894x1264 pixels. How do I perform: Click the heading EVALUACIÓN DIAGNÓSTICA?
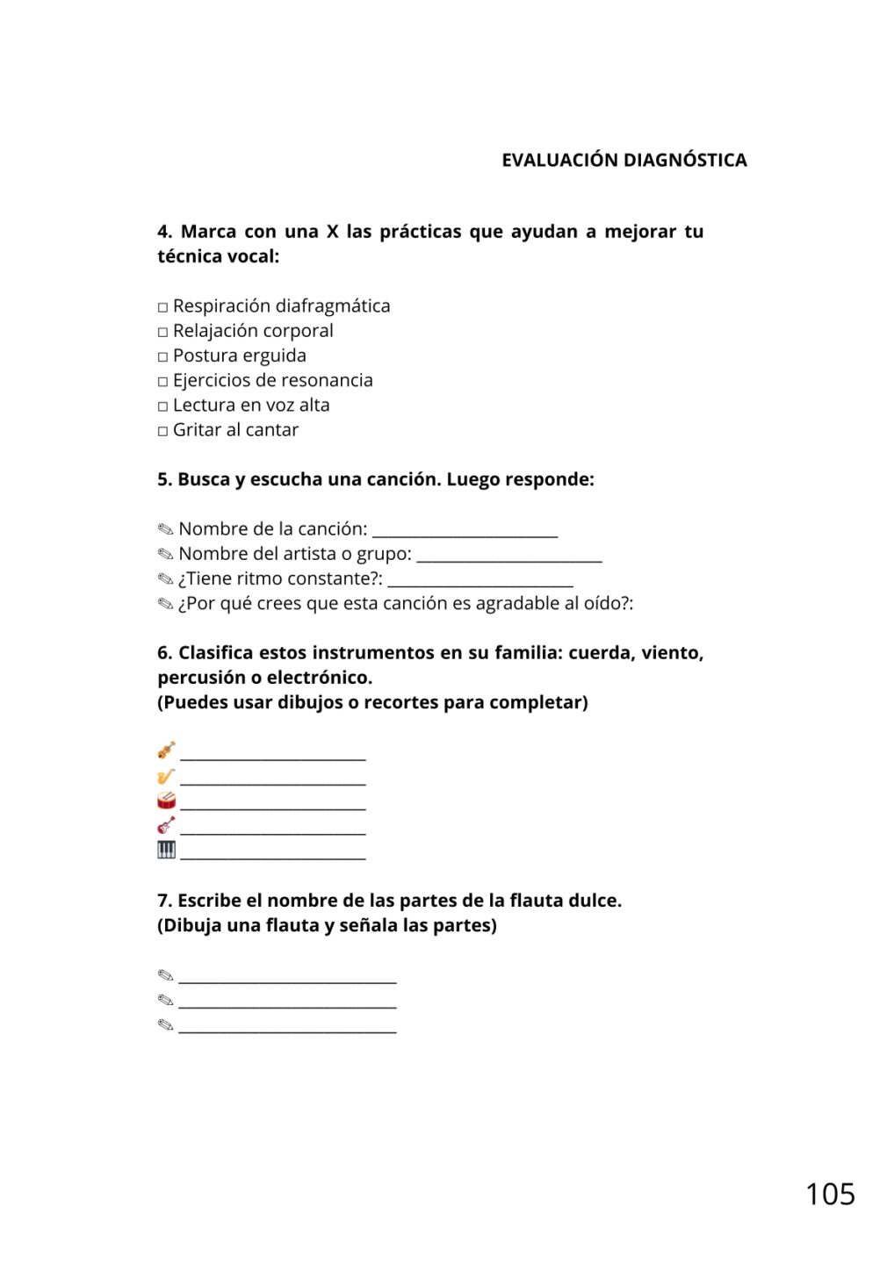pos(624,160)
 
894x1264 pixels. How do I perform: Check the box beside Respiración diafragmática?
pos(162,307)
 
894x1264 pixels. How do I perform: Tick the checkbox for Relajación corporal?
pos(162,332)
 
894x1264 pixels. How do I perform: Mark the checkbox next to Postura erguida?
pos(162,356)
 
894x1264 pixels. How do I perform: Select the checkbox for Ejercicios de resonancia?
pos(162,382)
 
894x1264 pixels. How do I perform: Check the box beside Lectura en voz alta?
pos(162,406)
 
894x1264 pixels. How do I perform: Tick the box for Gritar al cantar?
pos(162,431)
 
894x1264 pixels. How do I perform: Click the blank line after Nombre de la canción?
pos(465,532)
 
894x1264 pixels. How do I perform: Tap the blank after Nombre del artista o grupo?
pos(509,557)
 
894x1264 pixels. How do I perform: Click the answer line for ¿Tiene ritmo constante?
pos(480,581)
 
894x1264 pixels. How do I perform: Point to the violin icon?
pos(166,750)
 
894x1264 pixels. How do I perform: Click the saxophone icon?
pos(166,776)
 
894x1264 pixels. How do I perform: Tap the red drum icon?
pos(166,801)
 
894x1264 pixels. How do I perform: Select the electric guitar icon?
pos(166,825)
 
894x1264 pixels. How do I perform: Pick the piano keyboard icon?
pos(166,850)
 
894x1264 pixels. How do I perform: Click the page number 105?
pos(830,1194)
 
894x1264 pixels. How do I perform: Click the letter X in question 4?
pos(332,232)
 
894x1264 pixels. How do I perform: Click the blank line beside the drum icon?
pos(272,806)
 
